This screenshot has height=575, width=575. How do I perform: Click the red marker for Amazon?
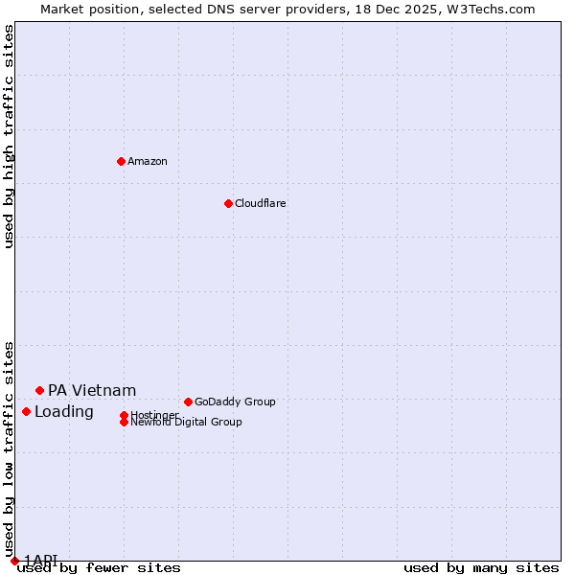click(121, 161)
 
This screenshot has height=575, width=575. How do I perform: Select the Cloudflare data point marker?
click(228, 203)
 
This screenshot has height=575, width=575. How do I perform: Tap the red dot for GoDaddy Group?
click(188, 402)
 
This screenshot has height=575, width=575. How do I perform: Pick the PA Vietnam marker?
click(39, 390)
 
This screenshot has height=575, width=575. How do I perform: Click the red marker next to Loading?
click(26, 411)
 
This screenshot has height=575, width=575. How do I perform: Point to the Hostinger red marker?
click(124, 415)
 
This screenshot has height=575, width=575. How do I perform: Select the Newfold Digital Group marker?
click(124, 422)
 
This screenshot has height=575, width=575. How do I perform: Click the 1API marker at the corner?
click(14, 561)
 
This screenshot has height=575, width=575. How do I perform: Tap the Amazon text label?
click(148, 161)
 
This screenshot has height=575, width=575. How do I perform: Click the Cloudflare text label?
click(260, 203)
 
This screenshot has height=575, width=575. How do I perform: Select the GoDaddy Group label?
click(235, 402)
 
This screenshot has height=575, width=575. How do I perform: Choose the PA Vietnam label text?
click(92, 390)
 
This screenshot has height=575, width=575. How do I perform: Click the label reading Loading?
click(64, 412)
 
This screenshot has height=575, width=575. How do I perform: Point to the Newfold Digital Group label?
click(186, 422)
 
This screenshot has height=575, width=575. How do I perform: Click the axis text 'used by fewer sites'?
click(99, 568)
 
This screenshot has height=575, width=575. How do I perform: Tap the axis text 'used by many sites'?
click(481, 568)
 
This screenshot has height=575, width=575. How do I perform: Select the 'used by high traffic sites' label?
click(10, 136)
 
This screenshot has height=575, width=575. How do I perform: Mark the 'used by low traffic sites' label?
click(10, 448)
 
